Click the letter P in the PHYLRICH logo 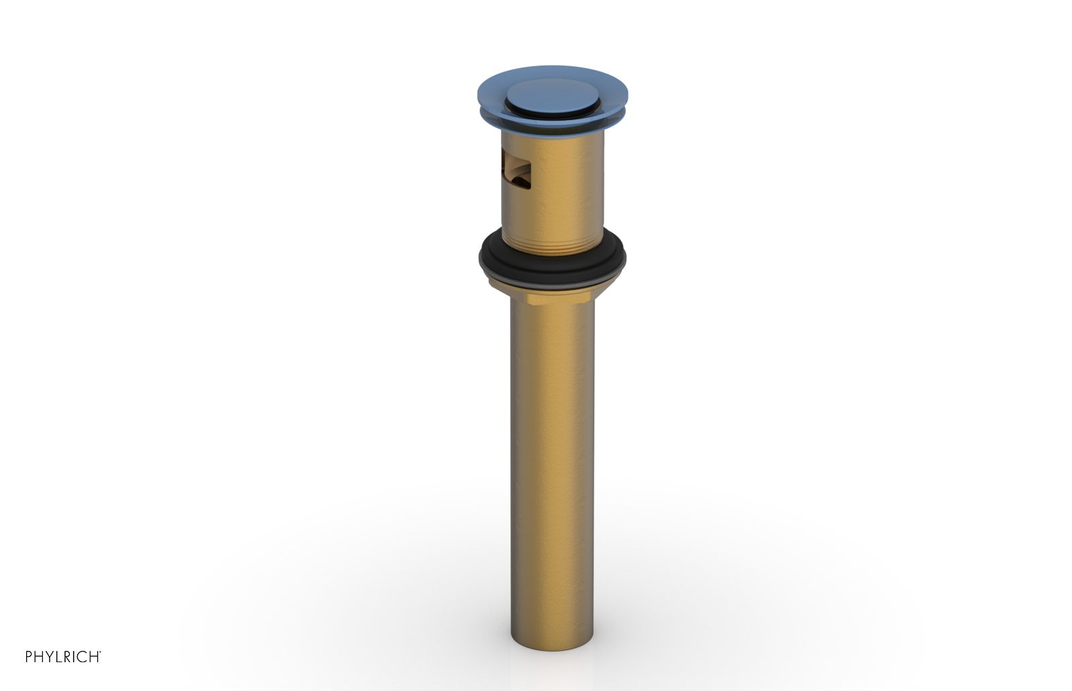click(29, 657)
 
